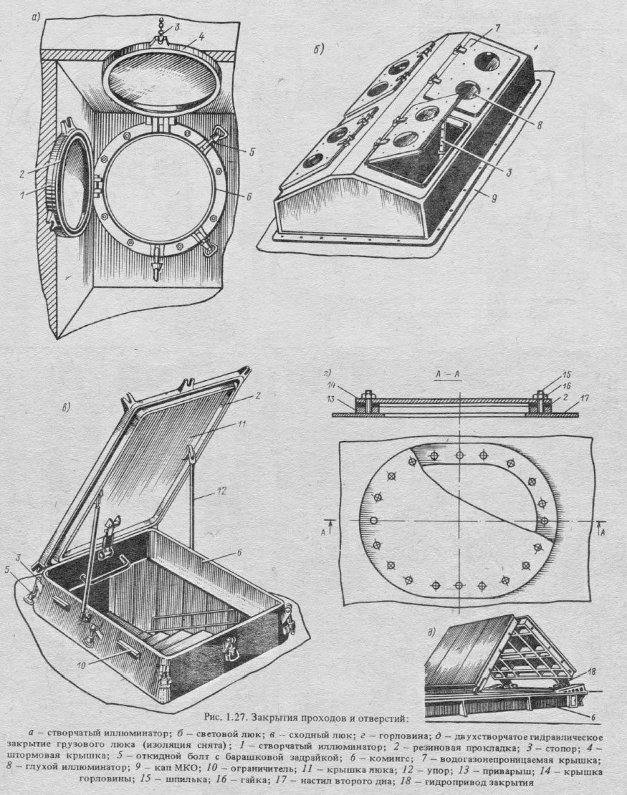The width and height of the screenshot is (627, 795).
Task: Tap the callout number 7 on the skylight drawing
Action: pos(497,28)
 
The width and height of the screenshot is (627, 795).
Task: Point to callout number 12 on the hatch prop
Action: pos(221,491)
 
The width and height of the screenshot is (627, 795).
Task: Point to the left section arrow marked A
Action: pos(327,528)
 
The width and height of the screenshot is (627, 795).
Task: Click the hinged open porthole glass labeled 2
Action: pos(72,180)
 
